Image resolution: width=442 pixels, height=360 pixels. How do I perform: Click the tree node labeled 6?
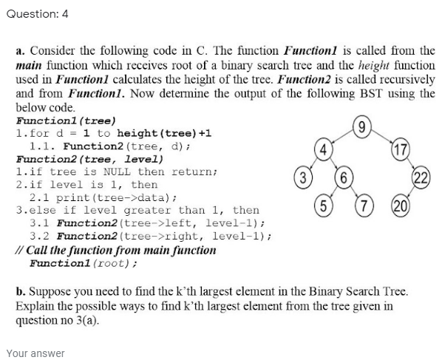click(343, 178)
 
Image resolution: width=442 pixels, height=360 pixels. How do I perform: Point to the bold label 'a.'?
click(21, 51)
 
